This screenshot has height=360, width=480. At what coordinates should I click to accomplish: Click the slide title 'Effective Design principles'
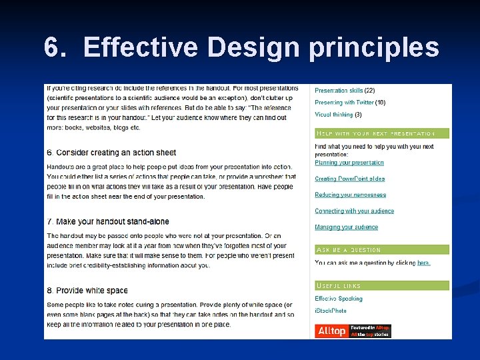(261, 48)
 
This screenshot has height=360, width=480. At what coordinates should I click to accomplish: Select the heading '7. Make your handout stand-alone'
(108, 222)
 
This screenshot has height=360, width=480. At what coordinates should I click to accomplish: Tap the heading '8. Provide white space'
(87, 291)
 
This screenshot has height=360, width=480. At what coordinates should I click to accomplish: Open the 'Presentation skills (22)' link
(345, 91)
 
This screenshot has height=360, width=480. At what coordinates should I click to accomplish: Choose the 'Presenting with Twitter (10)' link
(350, 103)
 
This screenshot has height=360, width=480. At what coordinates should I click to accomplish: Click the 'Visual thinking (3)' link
(338, 115)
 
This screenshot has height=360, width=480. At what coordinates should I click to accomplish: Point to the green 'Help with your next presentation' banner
(382, 133)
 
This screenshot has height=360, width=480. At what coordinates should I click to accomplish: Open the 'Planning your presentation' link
(349, 163)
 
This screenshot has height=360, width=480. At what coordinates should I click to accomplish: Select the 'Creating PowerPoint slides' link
(350, 179)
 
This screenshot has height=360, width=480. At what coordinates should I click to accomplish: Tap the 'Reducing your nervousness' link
(351, 195)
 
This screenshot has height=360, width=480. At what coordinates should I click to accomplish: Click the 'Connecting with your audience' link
(355, 211)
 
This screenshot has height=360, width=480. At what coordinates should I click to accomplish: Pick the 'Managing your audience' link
(347, 227)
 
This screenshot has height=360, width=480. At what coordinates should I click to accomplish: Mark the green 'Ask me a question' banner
(382, 250)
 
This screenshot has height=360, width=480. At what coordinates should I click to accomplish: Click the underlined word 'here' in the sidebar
(423, 263)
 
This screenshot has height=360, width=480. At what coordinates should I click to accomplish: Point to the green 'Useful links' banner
(382, 285)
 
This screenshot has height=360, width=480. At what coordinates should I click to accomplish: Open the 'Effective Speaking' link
(339, 299)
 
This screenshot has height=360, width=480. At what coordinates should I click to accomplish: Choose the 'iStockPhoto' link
(331, 311)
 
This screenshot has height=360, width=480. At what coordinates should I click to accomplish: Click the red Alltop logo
(332, 331)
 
